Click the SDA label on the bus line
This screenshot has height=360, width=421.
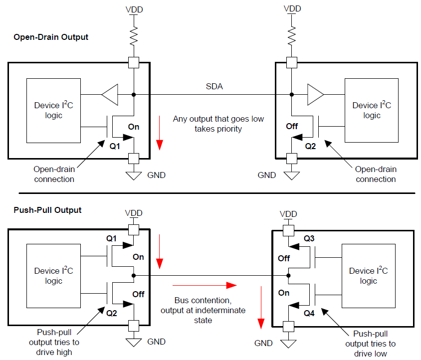214,86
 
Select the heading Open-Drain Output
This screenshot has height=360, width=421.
51,37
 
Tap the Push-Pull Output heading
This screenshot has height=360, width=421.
47,210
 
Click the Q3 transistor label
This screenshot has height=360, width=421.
309,238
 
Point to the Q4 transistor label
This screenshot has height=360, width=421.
309,313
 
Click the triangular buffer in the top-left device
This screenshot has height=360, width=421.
110,95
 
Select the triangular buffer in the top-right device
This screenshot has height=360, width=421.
315,95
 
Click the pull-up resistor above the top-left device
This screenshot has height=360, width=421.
134,36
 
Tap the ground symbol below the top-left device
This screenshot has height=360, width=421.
134,176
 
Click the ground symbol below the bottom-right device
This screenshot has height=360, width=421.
288,344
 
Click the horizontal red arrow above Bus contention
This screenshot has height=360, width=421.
205,285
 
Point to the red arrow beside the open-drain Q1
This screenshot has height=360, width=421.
160,133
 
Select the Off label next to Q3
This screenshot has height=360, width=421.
284,258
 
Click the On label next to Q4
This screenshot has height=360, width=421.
284,293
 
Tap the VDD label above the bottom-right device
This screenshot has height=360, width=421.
288,214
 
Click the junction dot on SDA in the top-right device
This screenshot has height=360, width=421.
292,95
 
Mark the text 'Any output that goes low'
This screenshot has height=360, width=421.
218,119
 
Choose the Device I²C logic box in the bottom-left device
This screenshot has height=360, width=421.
54,276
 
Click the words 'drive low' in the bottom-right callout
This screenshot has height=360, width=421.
371,354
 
